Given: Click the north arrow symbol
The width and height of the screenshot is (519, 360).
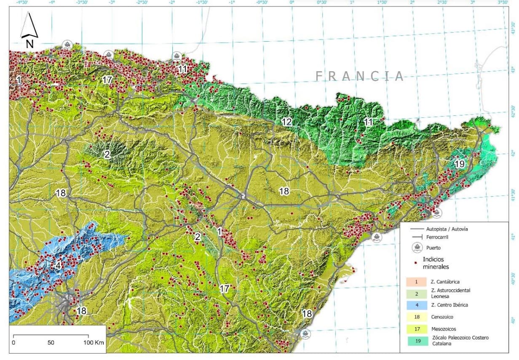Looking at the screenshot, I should pos(29,29).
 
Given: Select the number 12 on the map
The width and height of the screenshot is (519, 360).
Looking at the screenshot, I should pos(286,122).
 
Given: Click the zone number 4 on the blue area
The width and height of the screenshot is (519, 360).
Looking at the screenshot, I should pos(58,266).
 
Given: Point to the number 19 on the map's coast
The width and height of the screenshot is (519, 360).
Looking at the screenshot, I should pos(459,164).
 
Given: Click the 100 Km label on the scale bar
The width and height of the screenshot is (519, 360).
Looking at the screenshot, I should pos(94,342).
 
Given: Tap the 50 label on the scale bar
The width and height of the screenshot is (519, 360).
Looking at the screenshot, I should pos(51,342).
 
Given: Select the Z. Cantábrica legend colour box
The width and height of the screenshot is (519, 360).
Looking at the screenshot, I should pos(416,282).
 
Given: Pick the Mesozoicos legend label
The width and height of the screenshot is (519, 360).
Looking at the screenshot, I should pos(444,328).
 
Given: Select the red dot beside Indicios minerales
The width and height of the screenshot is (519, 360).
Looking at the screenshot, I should pos(416,263).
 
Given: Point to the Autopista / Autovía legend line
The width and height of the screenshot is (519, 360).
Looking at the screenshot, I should pos(417,229).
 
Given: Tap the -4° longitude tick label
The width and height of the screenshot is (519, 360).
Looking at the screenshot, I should pos(52,2).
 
